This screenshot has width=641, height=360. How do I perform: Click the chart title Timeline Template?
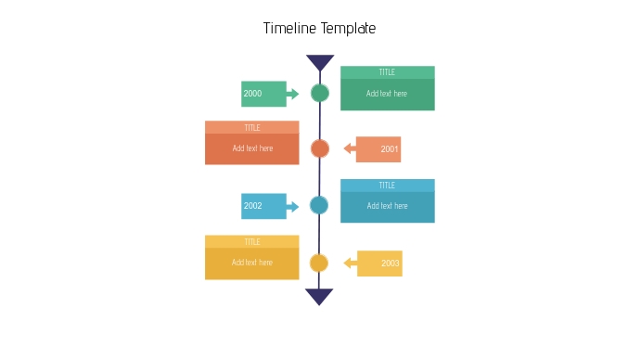[x=319, y=29]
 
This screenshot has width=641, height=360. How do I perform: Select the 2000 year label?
[x=253, y=94]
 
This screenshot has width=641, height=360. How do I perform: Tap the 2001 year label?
[x=389, y=149]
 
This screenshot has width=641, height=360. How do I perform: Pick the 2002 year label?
[x=253, y=206]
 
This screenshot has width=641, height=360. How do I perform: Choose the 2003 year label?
[x=390, y=264]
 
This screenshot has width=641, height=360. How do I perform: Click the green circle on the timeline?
[x=320, y=93]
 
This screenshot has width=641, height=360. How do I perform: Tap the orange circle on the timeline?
[x=320, y=148]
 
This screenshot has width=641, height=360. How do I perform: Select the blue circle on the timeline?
[x=319, y=205]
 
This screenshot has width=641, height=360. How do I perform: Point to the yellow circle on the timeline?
[x=319, y=263]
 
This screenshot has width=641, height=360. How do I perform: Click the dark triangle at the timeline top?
[x=320, y=61]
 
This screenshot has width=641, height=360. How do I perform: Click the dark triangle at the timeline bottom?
[x=319, y=296]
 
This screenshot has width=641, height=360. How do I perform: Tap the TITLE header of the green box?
[x=387, y=72]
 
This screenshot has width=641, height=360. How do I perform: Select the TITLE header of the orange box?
[x=252, y=128]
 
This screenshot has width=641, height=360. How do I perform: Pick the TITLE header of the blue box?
[x=387, y=186]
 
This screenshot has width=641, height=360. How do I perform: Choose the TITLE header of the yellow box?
[x=252, y=242]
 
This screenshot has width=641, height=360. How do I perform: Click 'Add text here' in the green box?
[x=387, y=94]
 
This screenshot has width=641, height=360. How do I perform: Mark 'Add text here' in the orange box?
[x=252, y=148]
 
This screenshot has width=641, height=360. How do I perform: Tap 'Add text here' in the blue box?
[x=387, y=206]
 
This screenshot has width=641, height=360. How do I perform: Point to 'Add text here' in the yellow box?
[x=252, y=263]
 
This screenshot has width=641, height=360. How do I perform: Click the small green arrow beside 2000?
[x=293, y=94]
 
